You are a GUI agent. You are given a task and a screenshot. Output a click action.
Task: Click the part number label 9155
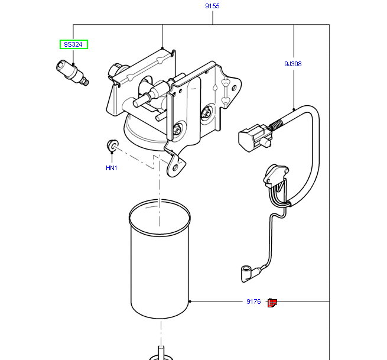pos(212,6)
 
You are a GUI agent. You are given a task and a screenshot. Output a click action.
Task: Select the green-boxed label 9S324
pos(73,44)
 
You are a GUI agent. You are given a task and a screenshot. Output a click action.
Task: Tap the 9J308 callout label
pos(292,63)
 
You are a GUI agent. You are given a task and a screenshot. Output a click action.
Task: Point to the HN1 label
pos(112,168)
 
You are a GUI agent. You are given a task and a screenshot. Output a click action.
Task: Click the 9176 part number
pos(253,302)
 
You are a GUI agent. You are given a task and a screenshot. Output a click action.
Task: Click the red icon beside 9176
pos(272,303)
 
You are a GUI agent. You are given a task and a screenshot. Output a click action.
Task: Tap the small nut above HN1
pos(112,145)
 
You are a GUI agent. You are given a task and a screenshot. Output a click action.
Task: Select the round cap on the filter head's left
pos(115,72)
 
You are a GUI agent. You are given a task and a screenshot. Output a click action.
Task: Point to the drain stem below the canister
pos(160,352)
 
